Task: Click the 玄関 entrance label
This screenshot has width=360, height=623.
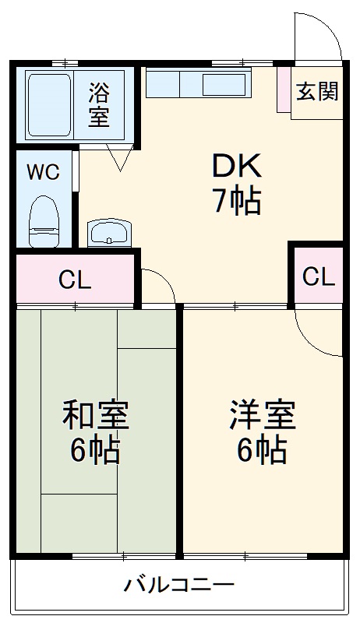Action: click(x=317, y=92)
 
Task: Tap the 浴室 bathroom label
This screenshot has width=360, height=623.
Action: click(x=99, y=106)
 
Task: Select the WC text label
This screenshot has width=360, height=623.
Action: click(x=44, y=173)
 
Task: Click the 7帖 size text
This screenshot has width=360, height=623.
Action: click(x=236, y=202)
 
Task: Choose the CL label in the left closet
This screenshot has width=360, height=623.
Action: click(x=75, y=280)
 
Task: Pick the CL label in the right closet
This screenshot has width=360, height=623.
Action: click(x=318, y=276)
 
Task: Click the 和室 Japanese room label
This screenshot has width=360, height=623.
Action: click(x=96, y=415)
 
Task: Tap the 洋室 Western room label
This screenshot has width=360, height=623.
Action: click(x=262, y=415)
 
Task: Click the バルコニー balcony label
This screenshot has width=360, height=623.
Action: click(x=178, y=585)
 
